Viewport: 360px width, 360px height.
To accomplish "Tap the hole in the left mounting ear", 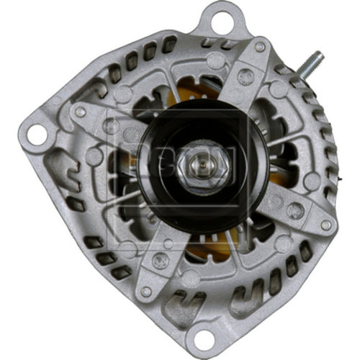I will pos(33,132).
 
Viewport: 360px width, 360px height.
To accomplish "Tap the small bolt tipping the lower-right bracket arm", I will pos(325,225).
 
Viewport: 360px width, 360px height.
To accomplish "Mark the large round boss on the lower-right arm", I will pos(294,210).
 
